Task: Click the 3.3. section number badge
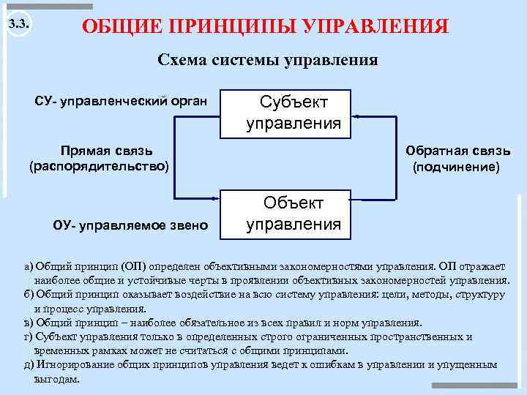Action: (20, 25)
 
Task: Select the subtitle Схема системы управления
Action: (268, 60)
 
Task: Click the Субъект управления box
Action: (293, 113)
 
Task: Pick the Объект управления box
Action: (293, 213)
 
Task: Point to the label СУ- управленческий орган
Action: (121, 100)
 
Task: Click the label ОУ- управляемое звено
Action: (130, 224)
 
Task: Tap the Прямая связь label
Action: (107, 151)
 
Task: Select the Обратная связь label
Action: (458, 151)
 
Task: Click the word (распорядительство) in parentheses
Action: (99, 167)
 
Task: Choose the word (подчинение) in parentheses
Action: (457, 167)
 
